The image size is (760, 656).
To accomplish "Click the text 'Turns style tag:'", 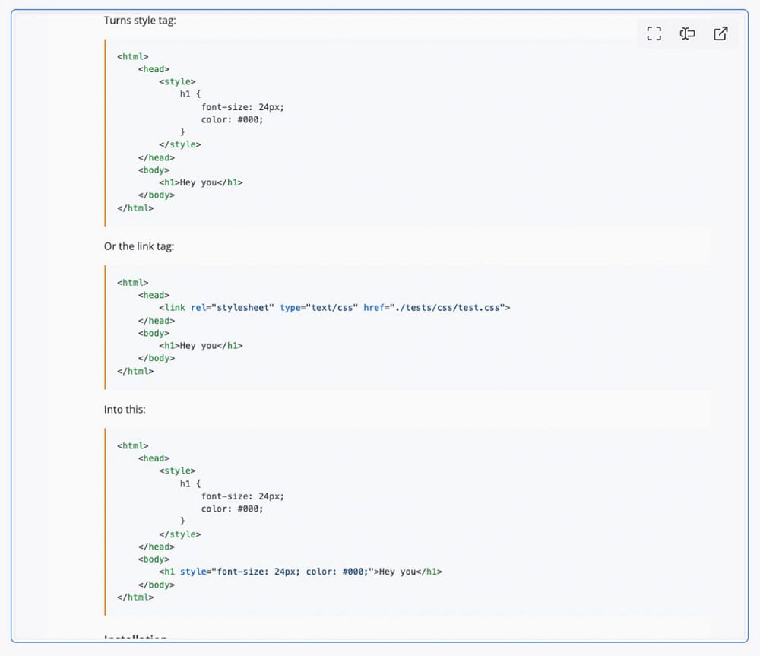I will pyautogui.click(x=140, y=21).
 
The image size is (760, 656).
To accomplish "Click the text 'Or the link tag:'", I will pyautogui.click(x=139, y=246).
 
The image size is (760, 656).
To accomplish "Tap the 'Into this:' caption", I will pyautogui.click(x=125, y=409).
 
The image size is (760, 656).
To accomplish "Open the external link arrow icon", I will pyautogui.click(x=720, y=33).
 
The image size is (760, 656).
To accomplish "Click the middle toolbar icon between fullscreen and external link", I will pyautogui.click(x=687, y=33).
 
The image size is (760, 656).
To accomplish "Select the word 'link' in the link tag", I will pyautogui.click(x=175, y=308).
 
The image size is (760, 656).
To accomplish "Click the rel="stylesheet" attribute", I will pyautogui.click(x=232, y=308).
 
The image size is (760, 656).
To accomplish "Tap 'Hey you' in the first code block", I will pyautogui.click(x=198, y=182).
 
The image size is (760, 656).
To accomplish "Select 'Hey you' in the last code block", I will pyautogui.click(x=397, y=572).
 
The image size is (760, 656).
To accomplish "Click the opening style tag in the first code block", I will pyautogui.click(x=177, y=81).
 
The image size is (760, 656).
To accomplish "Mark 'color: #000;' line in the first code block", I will pyautogui.click(x=232, y=119).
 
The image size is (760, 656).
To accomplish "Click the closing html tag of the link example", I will pyautogui.click(x=135, y=371).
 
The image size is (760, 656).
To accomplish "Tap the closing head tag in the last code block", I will pyautogui.click(x=156, y=547).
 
